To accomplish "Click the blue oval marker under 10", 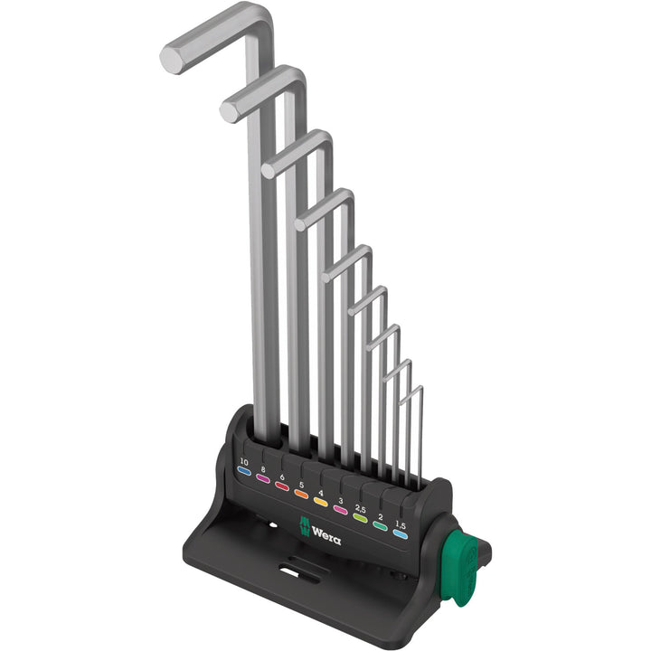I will pos(243,470).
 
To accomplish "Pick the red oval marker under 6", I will pos(282,486).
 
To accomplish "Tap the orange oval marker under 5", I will pos(301,495).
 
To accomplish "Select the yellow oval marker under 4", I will pos(321,503).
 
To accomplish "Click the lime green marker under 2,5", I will pos(361,519).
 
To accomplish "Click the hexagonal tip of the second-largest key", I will pos(230,111).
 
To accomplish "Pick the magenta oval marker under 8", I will pos(263,478).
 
